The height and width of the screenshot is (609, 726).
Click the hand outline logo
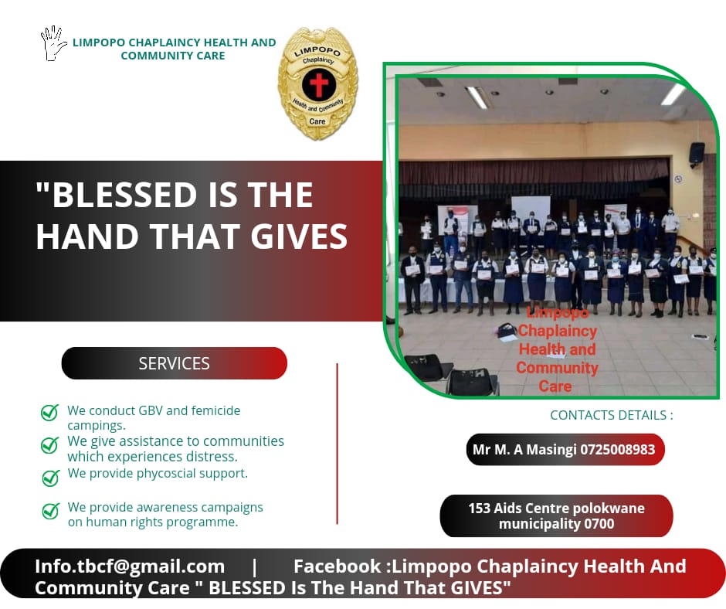(52, 43)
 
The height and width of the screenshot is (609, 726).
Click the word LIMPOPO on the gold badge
(317, 52)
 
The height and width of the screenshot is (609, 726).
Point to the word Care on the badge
(317, 121)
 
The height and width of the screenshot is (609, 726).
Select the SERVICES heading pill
(174, 363)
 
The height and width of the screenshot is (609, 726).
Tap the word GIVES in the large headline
(299, 236)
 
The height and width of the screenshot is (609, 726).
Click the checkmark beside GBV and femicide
(50, 412)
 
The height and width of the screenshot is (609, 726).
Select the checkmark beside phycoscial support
(50, 478)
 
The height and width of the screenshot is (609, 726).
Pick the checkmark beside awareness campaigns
(50, 511)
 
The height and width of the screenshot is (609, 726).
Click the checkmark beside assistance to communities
(50, 445)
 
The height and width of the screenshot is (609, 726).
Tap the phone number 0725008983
(618, 450)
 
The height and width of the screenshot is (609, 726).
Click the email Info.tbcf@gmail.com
(130, 566)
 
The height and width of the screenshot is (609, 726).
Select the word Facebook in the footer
(337, 566)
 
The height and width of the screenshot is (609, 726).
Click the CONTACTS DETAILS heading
(612, 415)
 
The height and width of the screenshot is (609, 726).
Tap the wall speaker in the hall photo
(697, 154)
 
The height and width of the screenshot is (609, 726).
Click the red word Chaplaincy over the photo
(558, 331)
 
